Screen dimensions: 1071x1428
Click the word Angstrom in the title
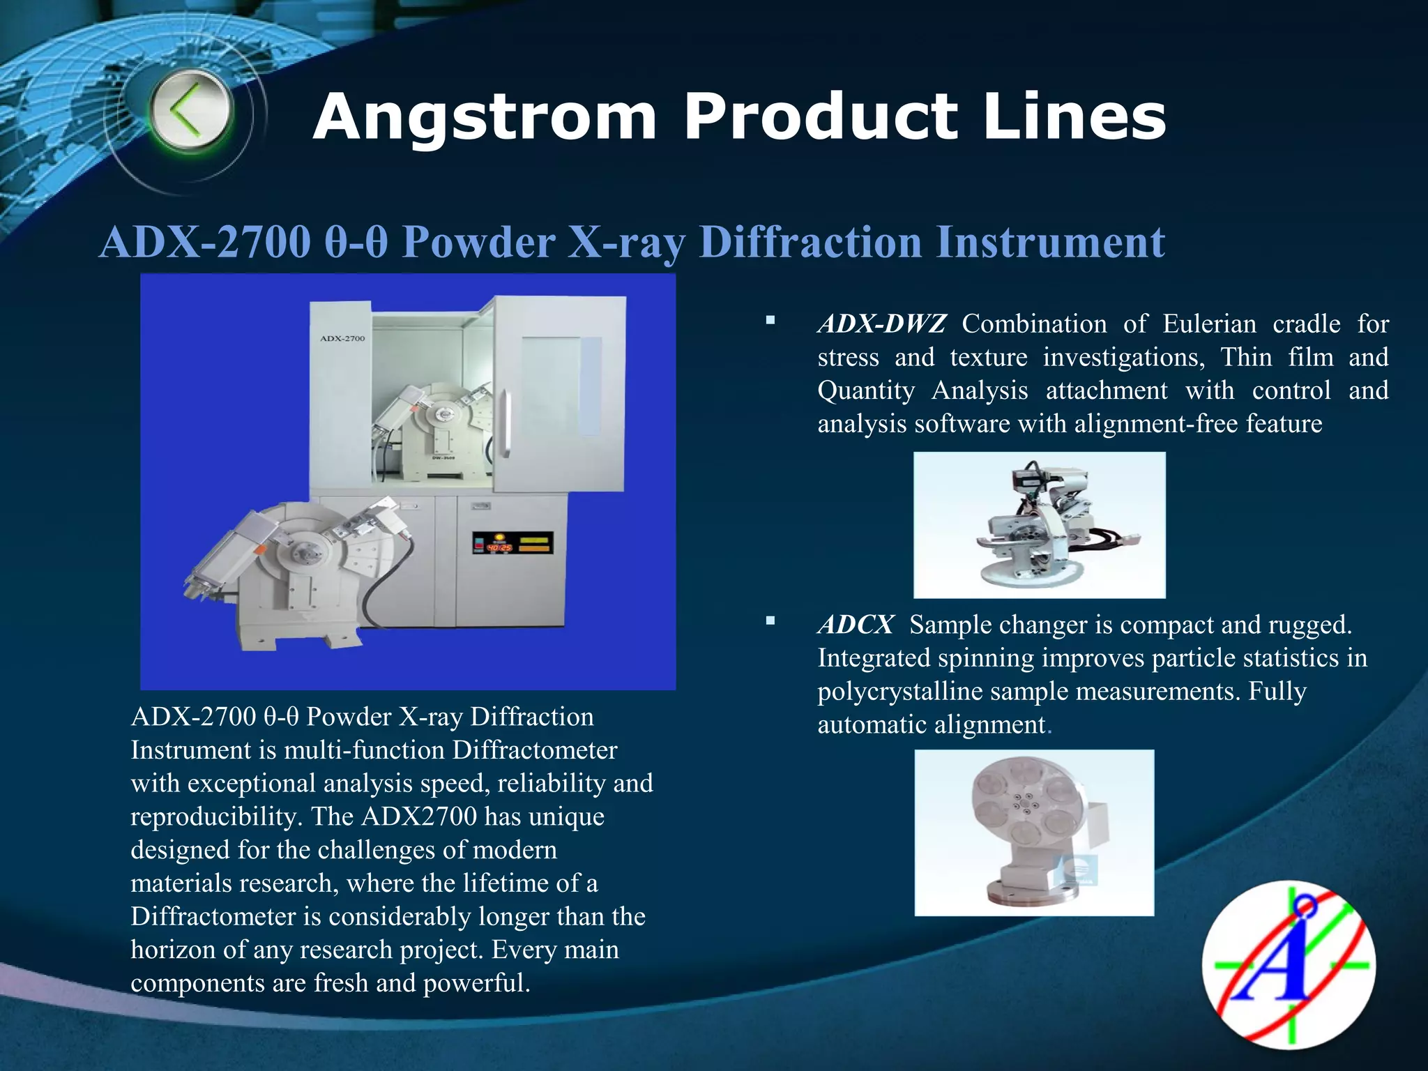(485, 117)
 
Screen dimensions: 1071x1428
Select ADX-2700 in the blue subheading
(205, 242)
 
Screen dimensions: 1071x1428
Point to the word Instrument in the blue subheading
(1049, 242)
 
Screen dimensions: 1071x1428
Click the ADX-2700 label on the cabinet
(342, 339)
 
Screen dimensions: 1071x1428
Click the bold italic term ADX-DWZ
(882, 324)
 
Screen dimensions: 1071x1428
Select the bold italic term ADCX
(856, 625)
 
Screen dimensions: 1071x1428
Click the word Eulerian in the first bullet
(1209, 324)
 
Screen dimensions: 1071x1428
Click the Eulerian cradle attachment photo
(1039, 525)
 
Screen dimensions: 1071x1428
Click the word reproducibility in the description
(213, 816)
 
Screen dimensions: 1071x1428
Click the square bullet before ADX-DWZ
(770, 321)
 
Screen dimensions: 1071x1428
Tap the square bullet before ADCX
(770, 621)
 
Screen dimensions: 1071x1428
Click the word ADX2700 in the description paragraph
(419, 816)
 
